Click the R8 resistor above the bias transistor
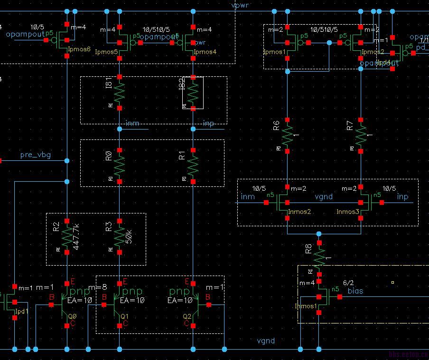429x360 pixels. [319, 257]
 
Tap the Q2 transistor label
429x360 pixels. [187, 315]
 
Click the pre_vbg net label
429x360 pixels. [36, 155]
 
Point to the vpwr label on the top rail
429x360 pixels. [240, 5]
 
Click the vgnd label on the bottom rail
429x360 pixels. [266, 341]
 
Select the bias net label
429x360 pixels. [356, 290]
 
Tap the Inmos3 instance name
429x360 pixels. [348, 212]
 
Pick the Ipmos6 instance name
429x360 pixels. [79, 49]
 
